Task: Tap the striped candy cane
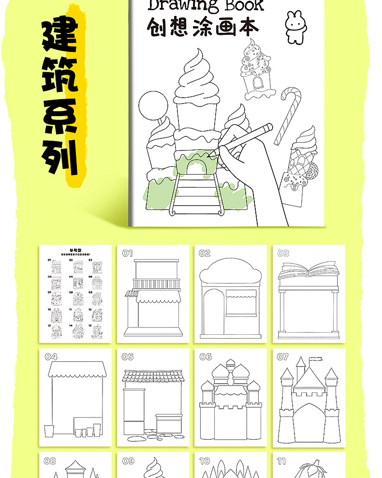tap(287, 114)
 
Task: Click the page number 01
tap(127, 253)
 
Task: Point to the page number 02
tap(205, 253)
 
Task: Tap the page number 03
tap(283, 253)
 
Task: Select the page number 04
tap(51, 357)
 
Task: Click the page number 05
tap(128, 357)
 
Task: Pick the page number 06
tap(206, 357)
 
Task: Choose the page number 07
tap(283, 357)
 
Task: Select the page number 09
tap(128, 461)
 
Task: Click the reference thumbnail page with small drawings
tap(75, 294)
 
